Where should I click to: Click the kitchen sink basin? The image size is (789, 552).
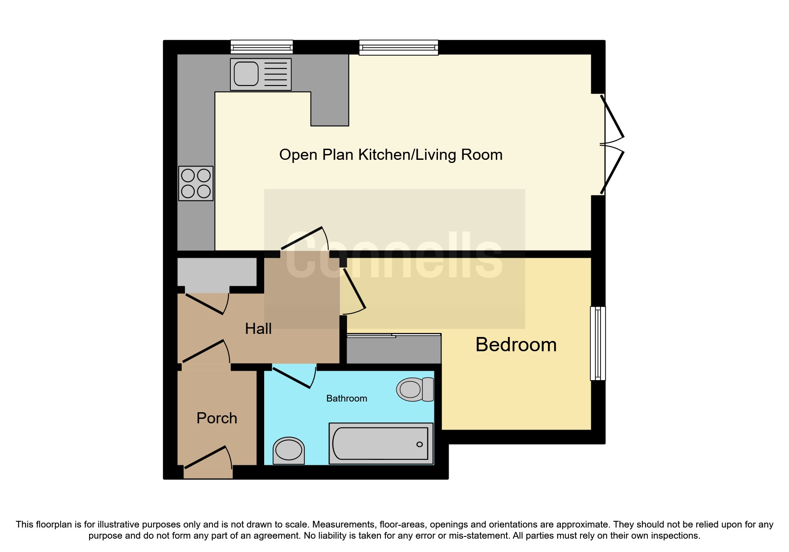(x=246, y=74)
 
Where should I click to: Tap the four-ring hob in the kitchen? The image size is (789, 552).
(x=196, y=183)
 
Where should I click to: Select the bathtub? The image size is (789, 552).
(x=380, y=443)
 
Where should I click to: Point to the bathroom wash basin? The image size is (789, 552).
(x=289, y=450)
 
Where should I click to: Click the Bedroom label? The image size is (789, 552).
(x=516, y=345)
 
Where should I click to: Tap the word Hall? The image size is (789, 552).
(x=258, y=329)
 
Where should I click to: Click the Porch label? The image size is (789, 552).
(x=217, y=418)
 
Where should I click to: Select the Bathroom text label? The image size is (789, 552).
(x=347, y=398)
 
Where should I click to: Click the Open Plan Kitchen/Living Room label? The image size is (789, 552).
(x=391, y=155)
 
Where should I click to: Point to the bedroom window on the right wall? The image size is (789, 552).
(x=598, y=343)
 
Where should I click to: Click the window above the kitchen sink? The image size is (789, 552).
(x=262, y=47)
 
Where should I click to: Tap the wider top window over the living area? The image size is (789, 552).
(x=398, y=47)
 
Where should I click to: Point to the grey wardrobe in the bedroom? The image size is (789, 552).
(x=394, y=349)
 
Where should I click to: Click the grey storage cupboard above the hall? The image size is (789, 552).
(x=217, y=272)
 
